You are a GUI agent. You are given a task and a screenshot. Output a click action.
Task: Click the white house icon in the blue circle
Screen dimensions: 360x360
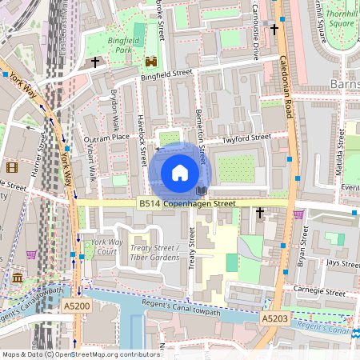tap(180, 173)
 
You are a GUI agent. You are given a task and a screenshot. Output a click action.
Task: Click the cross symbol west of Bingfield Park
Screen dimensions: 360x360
tap(95, 62)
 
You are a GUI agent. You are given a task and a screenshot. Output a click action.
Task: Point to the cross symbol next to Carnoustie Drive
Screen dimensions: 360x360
tap(274, 30)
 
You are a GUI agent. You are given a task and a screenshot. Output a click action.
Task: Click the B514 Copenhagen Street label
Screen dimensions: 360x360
tap(187, 204)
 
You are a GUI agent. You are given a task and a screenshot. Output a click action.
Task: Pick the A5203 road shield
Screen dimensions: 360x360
tap(274, 318)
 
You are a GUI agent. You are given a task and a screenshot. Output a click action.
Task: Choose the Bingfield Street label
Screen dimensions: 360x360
tap(167, 73)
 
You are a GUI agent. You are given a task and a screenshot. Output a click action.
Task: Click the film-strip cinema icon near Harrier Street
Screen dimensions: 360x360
tap(12, 167)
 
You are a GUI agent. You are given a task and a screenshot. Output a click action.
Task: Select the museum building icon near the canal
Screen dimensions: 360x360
tap(18, 277)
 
